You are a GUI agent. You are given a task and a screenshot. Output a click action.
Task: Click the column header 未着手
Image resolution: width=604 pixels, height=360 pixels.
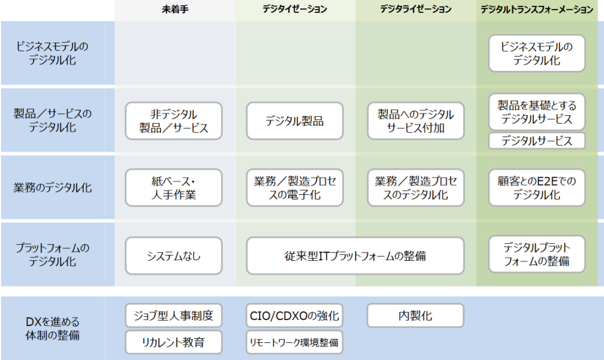pyautogui.click(x=175, y=9)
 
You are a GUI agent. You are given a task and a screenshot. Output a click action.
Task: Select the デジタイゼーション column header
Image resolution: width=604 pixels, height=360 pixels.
pyautogui.click(x=295, y=9)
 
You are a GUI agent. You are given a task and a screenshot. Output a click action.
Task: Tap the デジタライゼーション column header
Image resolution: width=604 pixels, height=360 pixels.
pyautogui.click(x=416, y=9)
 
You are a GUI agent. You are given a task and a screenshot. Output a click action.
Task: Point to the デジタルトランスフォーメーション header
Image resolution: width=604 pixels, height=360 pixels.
pyautogui.click(x=537, y=9)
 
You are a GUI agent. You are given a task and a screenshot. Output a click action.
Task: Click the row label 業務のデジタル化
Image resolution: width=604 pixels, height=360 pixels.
pyautogui.click(x=52, y=188)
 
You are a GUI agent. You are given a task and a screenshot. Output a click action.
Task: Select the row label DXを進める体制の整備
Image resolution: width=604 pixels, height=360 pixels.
pyautogui.click(x=52, y=328)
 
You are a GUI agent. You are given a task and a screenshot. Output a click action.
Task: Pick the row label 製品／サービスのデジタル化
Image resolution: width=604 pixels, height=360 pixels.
pyautogui.click(x=52, y=120)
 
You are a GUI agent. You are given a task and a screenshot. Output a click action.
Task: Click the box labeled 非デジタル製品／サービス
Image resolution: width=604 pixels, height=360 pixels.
pyautogui.click(x=174, y=120)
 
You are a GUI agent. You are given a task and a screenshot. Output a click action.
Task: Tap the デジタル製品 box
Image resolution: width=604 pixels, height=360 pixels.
pyautogui.click(x=295, y=120)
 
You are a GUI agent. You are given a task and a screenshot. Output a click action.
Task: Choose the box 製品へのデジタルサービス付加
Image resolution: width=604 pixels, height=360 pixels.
pyautogui.click(x=416, y=120)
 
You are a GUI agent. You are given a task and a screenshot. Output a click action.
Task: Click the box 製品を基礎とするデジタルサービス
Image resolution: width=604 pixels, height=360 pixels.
pyautogui.click(x=537, y=112)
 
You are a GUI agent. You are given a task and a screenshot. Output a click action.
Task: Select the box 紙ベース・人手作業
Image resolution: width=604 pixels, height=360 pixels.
pyautogui.click(x=174, y=188)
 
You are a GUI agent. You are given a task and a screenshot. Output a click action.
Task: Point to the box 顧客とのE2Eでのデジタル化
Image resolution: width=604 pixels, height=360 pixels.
pyautogui.click(x=537, y=188)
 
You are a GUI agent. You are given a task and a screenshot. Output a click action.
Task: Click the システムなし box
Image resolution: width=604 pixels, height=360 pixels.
pyautogui.click(x=174, y=256)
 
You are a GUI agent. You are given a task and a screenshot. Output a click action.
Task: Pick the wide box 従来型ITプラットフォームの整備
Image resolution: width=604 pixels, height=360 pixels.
pyautogui.click(x=355, y=256)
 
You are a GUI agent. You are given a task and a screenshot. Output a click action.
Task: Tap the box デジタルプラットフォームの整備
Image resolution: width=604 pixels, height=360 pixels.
pyautogui.click(x=537, y=254)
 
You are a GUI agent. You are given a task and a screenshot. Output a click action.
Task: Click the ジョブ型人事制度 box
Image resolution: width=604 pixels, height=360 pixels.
pyautogui.click(x=174, y=315)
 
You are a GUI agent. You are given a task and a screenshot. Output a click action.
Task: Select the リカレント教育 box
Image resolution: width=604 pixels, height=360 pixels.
pyautogui.click(x=174, y=342)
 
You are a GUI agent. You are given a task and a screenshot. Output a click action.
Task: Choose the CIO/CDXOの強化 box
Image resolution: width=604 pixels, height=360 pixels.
pyautogui.click(x=295, y=315)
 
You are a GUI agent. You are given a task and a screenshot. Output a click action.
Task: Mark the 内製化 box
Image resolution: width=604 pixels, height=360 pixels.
pyautogui.click(x=416, y=315)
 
